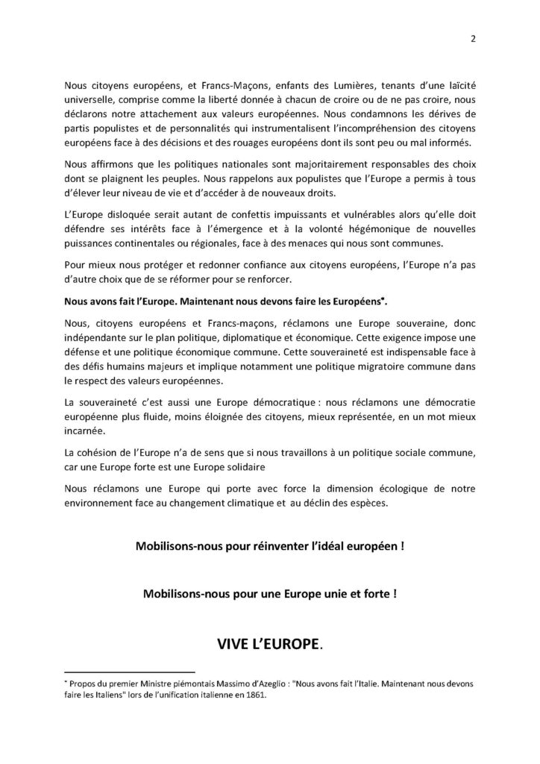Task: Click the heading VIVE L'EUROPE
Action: click(269, 643)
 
